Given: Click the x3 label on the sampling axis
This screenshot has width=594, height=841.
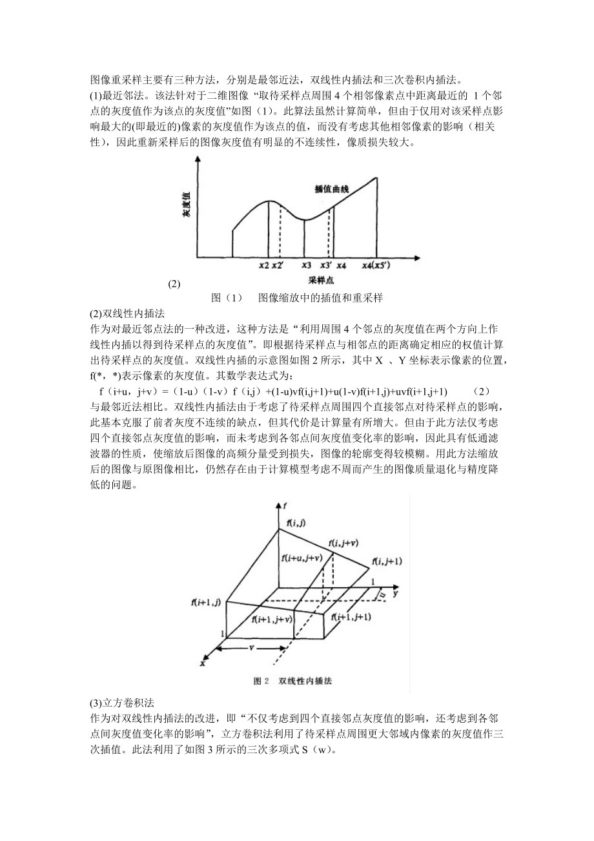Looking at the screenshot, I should [x=306, y=265].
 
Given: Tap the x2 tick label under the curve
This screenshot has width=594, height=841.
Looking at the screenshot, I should [x=263, y=265].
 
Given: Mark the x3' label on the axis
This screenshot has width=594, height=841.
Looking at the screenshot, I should [x=326, y=265].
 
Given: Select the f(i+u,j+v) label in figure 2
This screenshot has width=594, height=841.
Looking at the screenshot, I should [x=302, y=557].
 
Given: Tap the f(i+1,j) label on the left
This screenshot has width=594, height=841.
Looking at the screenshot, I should [x=205, y=602].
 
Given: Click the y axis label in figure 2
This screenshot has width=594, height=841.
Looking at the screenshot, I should [x=394, y=591].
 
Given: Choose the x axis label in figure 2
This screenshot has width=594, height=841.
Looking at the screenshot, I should [x=202, y=663].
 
